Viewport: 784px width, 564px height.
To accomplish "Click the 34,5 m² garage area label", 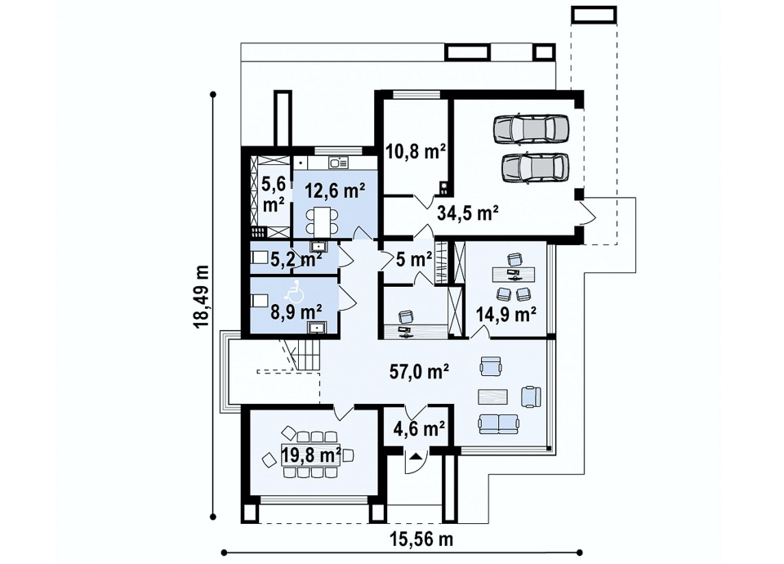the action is (467, 213).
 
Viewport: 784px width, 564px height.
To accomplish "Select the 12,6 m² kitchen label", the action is (335, 190).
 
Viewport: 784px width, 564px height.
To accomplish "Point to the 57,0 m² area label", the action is (419, 371).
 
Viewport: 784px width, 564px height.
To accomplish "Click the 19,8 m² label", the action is (311, 455).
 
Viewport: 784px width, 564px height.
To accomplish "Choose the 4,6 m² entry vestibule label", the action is (419, 428).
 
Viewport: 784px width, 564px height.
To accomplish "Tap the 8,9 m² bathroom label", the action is (296, 311).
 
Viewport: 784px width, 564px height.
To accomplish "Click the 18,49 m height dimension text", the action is (201, 296).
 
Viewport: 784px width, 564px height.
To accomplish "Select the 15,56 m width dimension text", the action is (421, 539).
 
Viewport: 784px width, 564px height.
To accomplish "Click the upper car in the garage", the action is (531, 128).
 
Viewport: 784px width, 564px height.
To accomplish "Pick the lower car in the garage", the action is (534, 167).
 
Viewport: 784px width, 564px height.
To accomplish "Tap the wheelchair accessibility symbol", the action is (295, 293).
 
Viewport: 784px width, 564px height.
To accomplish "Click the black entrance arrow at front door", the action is (415, 456).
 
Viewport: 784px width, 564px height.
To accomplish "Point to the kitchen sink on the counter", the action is (338, 163).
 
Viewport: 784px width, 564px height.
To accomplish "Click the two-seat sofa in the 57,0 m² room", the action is (498, 423).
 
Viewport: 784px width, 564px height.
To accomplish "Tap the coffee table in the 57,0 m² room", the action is (492, 396).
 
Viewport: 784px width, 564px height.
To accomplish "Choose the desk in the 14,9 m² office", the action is (514, 273).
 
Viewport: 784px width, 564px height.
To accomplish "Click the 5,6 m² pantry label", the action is (274, 195).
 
